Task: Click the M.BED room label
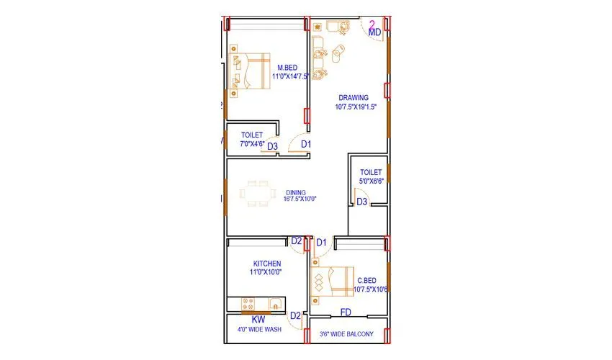click(x=287, y=68)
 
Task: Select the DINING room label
click(x=296, y=192)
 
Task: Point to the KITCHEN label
click(x=266, y=264)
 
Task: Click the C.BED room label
click(x=366, y=281)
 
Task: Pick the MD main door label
click(x=374, y=32)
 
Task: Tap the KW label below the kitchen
click(x=258, y=318)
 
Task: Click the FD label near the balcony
click(x=346, y=313)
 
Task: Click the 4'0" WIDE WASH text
click(x=259, y=330)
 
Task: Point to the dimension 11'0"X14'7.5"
click(x=291, y=76)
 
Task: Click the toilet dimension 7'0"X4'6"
click(x=251, y=143)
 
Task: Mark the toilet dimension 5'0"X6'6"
click(x=372, y=181)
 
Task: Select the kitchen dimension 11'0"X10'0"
click(x=266, y=272)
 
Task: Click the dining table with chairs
click(x=258, y=194)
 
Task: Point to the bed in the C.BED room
click(x=330, y=282)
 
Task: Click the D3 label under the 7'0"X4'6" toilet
click(x=273, y=146)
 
